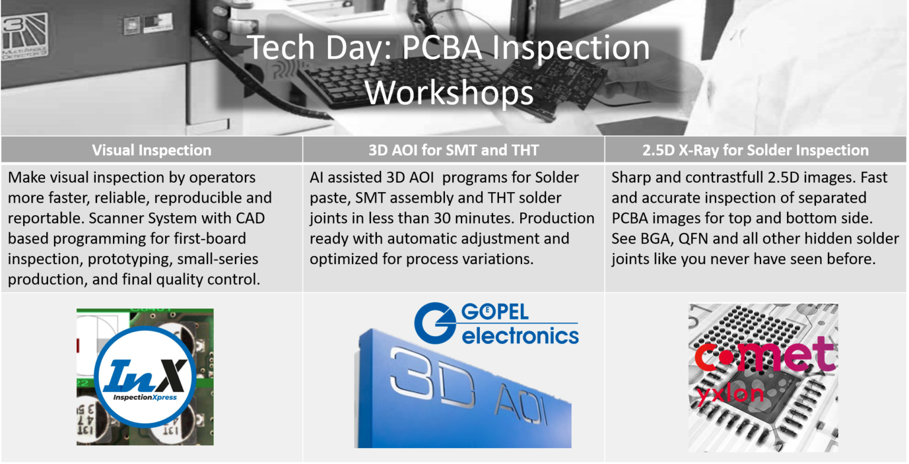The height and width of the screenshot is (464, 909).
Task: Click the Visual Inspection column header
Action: point(151,150)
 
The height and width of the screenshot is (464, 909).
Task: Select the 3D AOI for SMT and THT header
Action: point(453,150)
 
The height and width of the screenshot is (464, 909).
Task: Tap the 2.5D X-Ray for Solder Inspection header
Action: point(755,150)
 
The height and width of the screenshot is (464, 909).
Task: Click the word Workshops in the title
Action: point(450,93)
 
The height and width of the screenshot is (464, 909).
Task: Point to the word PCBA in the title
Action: point(443,47)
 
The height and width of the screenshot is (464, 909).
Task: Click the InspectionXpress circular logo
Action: point(145,376)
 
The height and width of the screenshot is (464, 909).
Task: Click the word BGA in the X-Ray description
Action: point(655,239)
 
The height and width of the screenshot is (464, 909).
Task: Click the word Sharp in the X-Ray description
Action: point(631,177)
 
